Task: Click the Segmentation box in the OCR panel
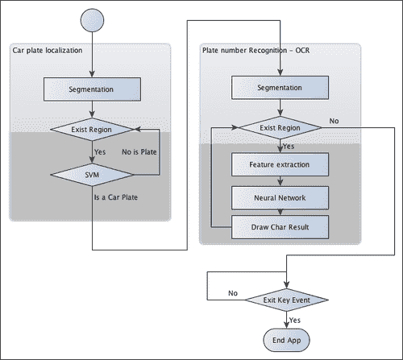(x=280, y=87)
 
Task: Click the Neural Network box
(x=280, y=196)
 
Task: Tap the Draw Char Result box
(x=280, y=226)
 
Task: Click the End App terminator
(x=288, y=338)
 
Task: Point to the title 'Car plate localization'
(x=46, y=51)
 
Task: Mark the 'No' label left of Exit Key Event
(x=233, y=293)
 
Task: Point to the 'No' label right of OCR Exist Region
(x=334, y=121)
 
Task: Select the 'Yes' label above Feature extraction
(x=289, y=147)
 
